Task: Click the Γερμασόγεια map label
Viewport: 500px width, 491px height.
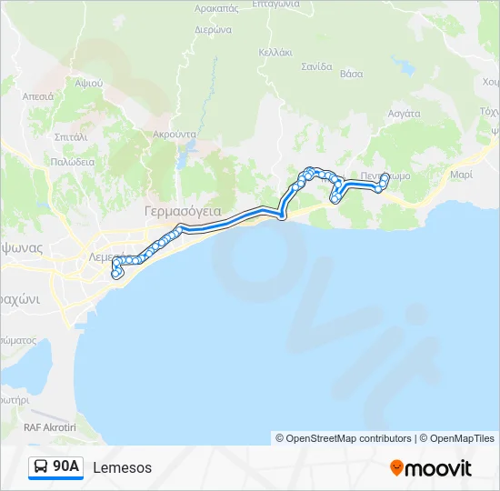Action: click(x=183, y=211)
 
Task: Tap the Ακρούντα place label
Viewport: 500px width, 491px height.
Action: click(x=175, y=134)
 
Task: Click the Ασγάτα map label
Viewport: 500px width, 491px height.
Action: click(x=404, y=114)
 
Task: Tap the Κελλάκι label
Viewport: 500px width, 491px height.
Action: click(x=275, y=52)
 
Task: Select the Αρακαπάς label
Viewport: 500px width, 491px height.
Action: click(x=216, y=7)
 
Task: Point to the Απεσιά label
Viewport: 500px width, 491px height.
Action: click(x=38, y=95)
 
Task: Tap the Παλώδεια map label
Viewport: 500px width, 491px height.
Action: click(x=73, y=161)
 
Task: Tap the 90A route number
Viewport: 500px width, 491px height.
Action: click(x=66, y=467)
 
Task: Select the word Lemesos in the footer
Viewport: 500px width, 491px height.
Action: click(x=122, y=467)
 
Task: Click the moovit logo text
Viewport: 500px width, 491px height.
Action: click(x=438, y=468)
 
